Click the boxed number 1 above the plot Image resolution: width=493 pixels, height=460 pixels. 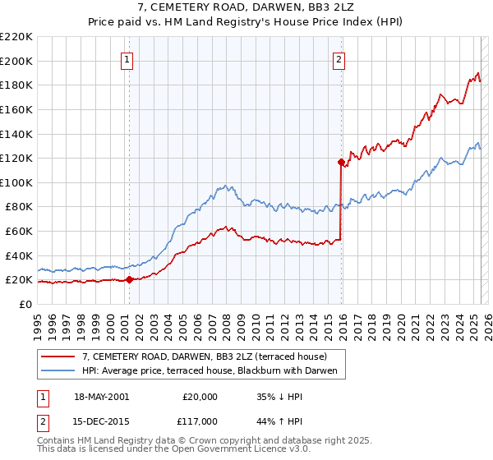click(x=129, y=58)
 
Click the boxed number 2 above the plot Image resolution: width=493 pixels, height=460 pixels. click(x=339, y=58)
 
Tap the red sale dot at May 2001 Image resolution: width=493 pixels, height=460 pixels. click(x=129, y=280)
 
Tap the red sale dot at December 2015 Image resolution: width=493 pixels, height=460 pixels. click(x=340, y=162)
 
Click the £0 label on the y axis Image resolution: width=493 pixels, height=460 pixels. click(x=25, y=304)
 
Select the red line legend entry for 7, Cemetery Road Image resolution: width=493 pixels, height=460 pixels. click(x=205, y=356)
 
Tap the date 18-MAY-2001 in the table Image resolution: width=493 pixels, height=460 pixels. click(x=101, y=397)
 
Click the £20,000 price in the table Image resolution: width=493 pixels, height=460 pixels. click(x=200, y=397)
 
